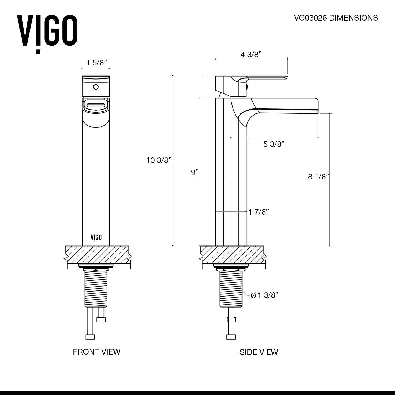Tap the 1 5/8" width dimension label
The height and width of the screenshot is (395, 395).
pos(97,63)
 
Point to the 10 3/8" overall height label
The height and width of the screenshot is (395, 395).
pos(159,160)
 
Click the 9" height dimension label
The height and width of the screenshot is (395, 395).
pos(195,172)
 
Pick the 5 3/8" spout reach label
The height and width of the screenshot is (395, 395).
pos(274,144)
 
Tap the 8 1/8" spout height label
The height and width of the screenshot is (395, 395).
pos(319,177)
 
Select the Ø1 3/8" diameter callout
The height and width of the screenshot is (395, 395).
pos(264,295)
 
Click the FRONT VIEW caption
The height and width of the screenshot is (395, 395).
pos(96,352)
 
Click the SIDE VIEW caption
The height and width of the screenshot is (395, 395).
pos(259,352)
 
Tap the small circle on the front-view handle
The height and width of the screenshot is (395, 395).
pos(96,86)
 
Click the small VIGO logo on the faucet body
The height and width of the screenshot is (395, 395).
pos(96,237)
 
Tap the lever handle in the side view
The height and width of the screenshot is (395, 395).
pos(266,77)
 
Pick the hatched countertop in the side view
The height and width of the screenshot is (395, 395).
pos(232,254)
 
